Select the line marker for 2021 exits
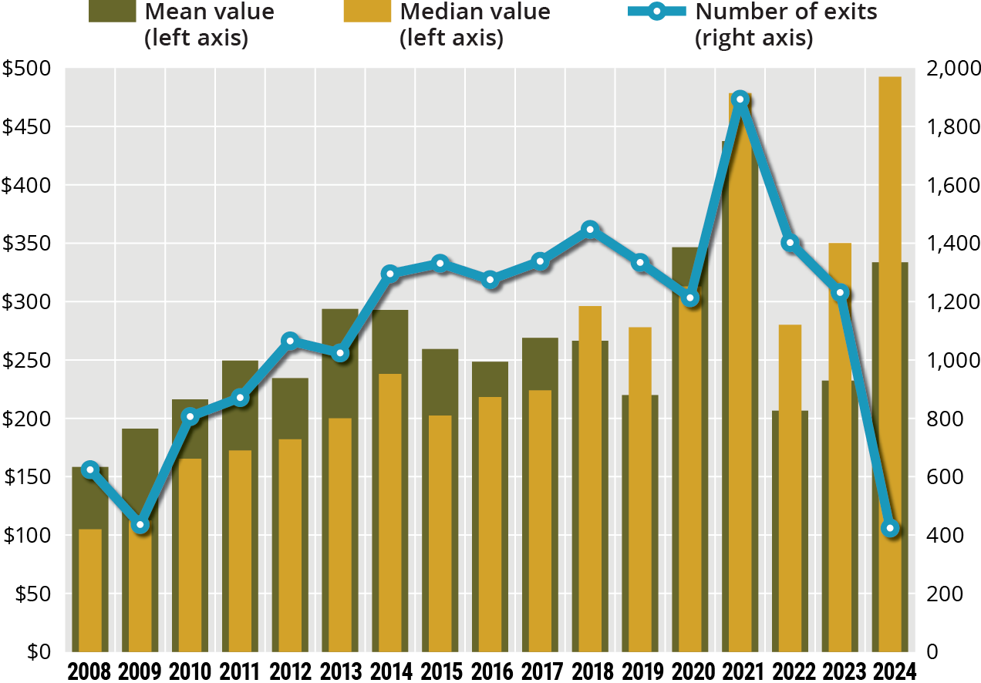tap(740, 99)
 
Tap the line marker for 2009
tap(140, 525)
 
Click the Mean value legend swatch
tap(113, 12)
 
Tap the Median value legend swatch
tap(367, 12)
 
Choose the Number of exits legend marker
tap(654, 12)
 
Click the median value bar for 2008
tap(90, 590)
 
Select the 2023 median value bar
tap(840, 447)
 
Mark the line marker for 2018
tap(590, 229)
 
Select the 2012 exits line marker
tap(290, 341)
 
